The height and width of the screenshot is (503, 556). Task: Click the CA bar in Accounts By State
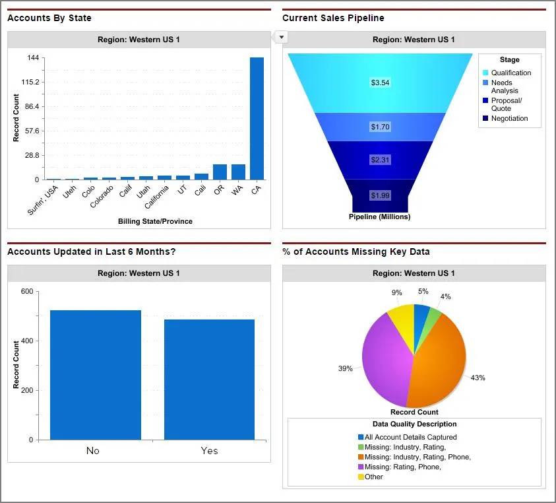tap(257, 119)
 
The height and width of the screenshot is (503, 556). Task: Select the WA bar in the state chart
tap(238, 172)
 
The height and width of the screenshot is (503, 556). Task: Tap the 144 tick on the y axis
tap(32, 58)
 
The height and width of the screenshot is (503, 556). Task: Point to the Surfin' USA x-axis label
tap(44, 200)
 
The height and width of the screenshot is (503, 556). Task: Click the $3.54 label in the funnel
tap(381, 83)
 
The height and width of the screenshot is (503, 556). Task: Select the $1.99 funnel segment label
tap(380, 195)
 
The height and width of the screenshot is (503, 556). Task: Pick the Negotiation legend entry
tap(509, 119)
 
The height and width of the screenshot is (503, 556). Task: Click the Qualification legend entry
tap(510, 73)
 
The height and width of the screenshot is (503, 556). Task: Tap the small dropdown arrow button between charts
tap(282, 37)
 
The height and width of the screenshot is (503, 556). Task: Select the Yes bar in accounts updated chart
tap(209, 380)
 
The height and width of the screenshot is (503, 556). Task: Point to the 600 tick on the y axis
tap(26, 291)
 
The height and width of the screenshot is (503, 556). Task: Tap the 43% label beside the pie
tap(478, 378)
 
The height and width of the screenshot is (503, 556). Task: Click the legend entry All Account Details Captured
tap(410, 437)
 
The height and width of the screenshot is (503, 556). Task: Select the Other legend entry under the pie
tap(373, 477)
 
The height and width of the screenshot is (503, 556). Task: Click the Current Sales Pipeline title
tap(333, 18)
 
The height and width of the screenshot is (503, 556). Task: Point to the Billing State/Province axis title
tap(155, 221)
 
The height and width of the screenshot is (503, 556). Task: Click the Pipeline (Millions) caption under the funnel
tap(379, 217)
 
